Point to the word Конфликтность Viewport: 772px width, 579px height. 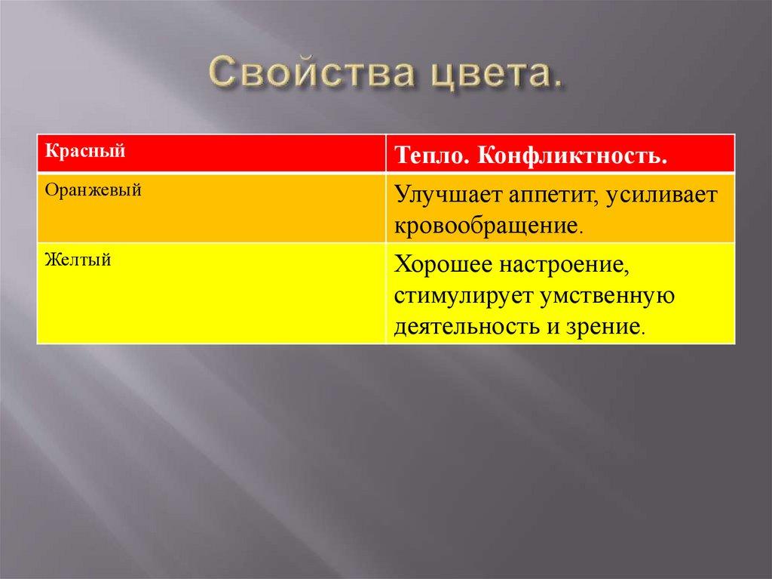click(574, 156)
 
